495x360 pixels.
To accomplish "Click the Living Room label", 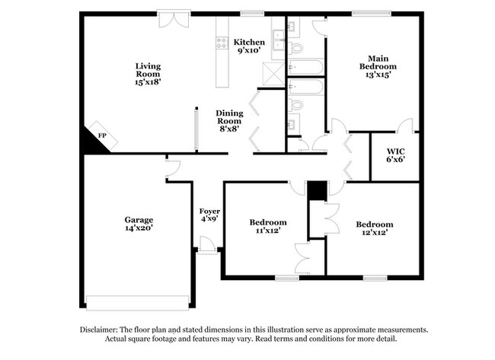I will (x=148, y=70).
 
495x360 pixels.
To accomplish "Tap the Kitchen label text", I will (x=249, y=42).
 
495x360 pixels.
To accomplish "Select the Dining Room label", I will (x=229, y=116).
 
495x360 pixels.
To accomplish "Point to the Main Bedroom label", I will (x=378, y=62).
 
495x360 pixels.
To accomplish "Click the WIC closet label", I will (x=394, y=151).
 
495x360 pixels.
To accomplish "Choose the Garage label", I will (x=139, y=219).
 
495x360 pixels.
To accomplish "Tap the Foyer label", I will (x=209, y=210).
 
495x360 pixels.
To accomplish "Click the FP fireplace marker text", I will (x=102, y=135).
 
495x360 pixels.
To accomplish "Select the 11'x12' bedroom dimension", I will (x=268, y=232).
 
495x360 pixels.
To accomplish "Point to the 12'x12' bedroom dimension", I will (x=375, y=233).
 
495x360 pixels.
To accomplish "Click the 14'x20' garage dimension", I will (x=139, y=228).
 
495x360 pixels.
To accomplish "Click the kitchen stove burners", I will (x=222, y=44).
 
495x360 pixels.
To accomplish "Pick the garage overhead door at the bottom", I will (x=138, y=301).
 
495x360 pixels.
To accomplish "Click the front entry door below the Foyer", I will (x=206, y=244).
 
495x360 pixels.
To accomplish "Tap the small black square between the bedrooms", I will (x=317, y=190).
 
